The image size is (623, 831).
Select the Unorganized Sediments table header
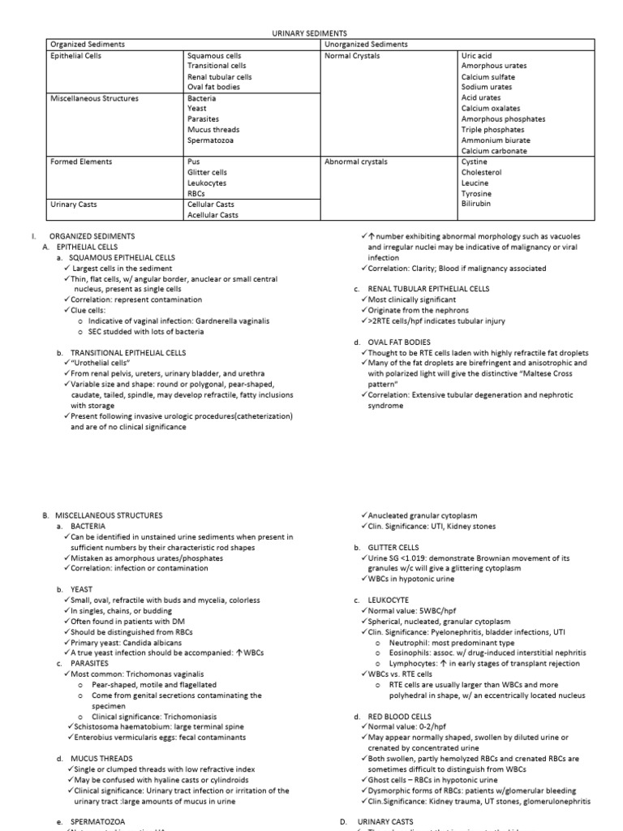tap(366, 44)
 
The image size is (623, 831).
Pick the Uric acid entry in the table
tap(478, 55)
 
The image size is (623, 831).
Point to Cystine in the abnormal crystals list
tap(475, 161)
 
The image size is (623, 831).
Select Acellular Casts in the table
tap(213, 215)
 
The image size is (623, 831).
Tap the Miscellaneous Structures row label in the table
tap(94, 98)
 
